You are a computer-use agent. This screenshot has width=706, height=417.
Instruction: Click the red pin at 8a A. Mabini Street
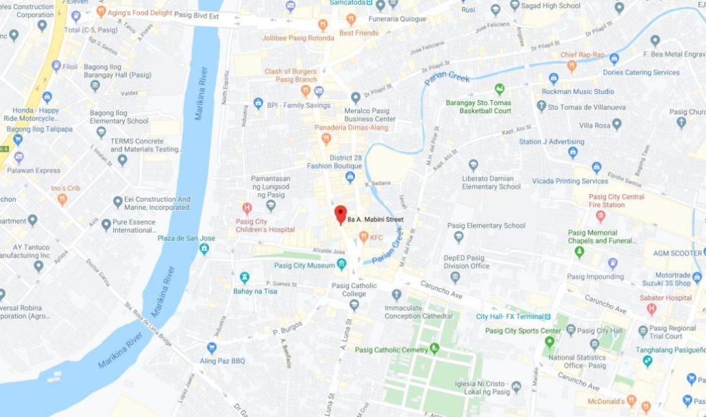(340, 214)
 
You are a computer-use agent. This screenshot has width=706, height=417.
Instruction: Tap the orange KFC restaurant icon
(363, 237)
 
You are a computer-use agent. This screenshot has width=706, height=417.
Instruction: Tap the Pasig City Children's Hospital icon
(247, 208)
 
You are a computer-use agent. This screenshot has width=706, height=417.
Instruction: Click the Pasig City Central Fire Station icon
(599, 216)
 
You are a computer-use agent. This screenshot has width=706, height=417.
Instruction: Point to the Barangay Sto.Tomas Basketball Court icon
(500, 89)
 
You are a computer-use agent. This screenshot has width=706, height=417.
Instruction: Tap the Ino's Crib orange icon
(62, 200)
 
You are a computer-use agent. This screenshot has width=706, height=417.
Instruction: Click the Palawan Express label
(34, 171)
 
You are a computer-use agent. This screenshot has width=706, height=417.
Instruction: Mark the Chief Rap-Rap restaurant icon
(571, 66)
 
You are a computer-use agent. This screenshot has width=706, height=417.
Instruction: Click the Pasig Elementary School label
(486, 225)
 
